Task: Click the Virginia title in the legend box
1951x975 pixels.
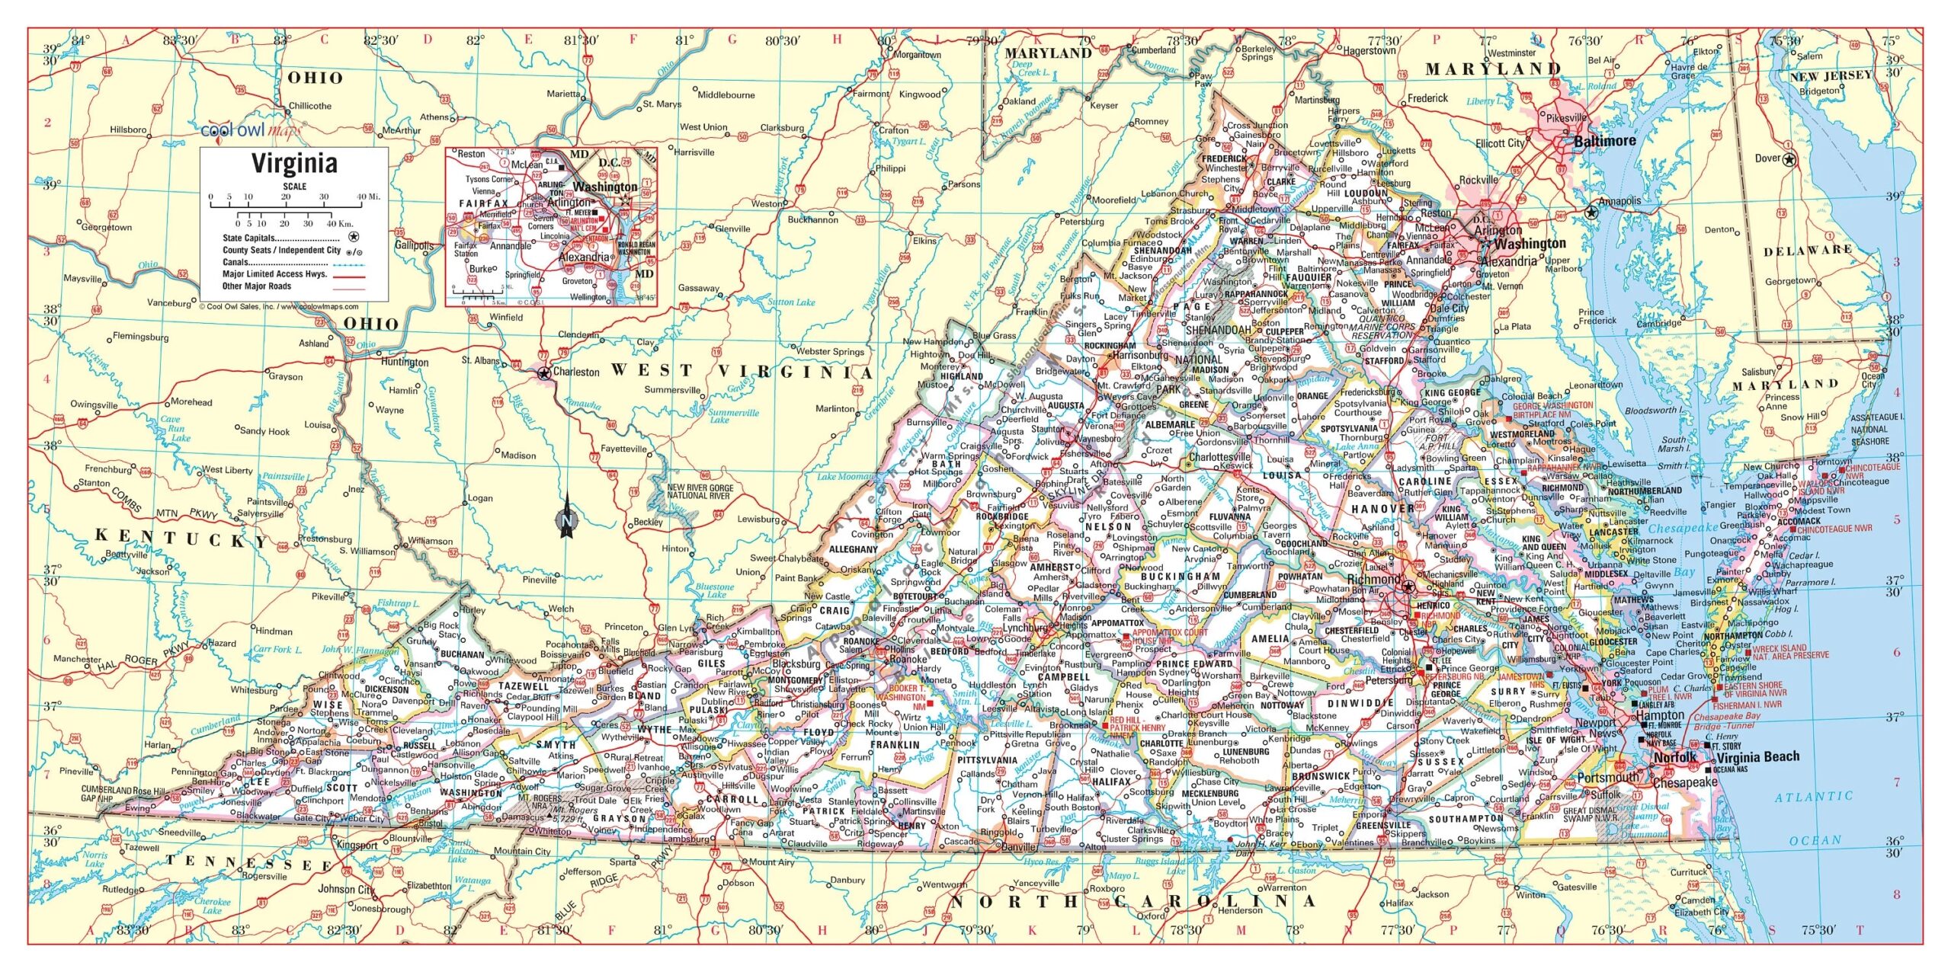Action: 294,163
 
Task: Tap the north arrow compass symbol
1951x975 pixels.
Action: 566,517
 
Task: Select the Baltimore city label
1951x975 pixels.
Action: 1605,142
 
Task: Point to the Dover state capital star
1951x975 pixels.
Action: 1789,159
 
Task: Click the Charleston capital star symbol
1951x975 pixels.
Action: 543,373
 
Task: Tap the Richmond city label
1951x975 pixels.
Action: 1373,580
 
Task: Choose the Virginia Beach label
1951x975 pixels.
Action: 1757,756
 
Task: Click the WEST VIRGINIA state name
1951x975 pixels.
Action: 742,371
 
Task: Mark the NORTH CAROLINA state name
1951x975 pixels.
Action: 1132,901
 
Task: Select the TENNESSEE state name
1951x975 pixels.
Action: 248,863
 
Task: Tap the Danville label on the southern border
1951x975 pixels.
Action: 1018,846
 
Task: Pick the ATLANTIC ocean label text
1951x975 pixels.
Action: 1813,797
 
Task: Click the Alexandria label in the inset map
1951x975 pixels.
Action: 584,257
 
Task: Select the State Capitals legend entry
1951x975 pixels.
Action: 249,238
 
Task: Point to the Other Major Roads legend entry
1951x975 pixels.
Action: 257,286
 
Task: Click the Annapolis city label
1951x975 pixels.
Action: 1619,201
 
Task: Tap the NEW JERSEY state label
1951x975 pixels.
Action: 1830,75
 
